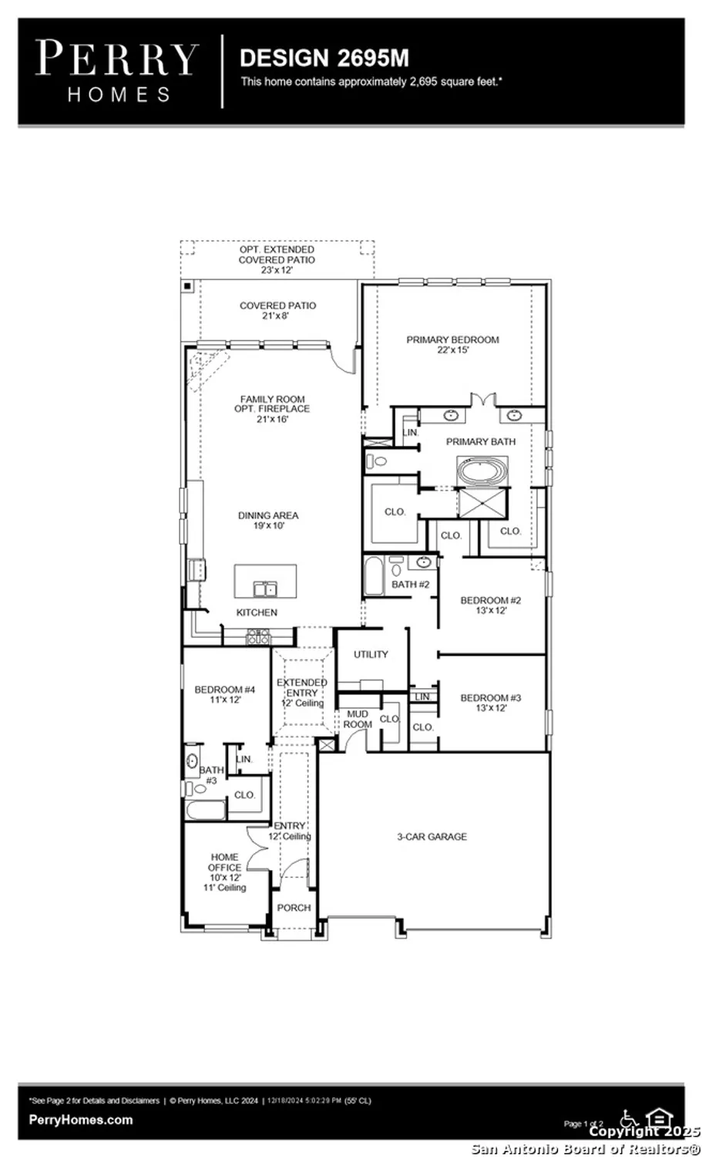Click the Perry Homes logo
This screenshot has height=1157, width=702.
[116, 71]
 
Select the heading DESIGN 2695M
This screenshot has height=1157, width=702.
[324, 58]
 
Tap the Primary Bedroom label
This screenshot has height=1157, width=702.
[452, 344]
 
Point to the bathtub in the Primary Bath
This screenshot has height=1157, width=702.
[482, 470]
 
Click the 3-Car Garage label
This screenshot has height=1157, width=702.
[432, 836]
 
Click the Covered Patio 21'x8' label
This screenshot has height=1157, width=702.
[277, 311]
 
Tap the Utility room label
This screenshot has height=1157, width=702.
[371, 654]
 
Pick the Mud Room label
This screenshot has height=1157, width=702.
[358, 719]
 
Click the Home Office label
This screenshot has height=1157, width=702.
[224, 872]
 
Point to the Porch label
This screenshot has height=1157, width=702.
[294, 908]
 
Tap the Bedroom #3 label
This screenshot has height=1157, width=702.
[491, 703]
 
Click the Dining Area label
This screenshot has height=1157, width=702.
[268, 520]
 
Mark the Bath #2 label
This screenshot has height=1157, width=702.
[410, 585]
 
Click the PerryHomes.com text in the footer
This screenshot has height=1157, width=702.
[80, 1120]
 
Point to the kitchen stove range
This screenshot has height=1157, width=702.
[257, 637]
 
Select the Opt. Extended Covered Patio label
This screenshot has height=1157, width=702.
[277, 260]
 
